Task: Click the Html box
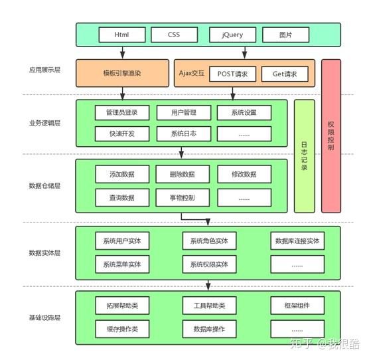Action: (121, 34)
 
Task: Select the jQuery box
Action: (226, 34)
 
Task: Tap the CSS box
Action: (174, 34)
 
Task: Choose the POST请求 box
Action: (232, 74)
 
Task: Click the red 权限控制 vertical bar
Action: (331, 135)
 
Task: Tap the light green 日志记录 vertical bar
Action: (304, 156)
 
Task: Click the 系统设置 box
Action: (244, 112)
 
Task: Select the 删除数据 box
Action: (183, 175)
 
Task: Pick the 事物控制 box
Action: (183, 197)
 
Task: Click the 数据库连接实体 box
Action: (297, 240)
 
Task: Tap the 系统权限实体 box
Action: (209, 264)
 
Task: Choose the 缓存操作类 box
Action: (122, 329)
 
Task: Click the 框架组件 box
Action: (297, 306)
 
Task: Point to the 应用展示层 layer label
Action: (45, 70)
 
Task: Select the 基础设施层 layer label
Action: (45, 317)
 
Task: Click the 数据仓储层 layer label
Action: (45, 186)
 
